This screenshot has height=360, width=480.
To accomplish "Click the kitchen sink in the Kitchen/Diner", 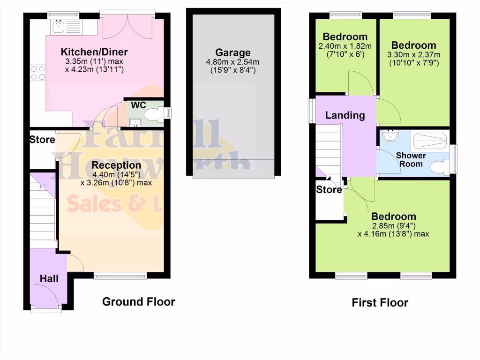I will (59, 26).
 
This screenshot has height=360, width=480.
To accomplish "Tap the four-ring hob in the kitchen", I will (37, 73).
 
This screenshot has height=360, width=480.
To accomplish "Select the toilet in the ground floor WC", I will (152, 114).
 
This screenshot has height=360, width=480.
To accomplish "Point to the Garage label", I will (233, 52).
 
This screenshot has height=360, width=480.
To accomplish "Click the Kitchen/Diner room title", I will (94, 52).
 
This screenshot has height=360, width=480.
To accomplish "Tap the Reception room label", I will (116, 165).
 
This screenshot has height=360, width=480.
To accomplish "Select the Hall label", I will (49, 278).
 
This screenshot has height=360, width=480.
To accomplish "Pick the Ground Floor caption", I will (139, 301).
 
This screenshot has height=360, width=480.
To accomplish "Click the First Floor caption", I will (380, 302).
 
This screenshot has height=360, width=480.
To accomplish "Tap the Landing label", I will (345, 115).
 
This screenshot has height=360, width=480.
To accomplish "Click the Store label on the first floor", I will (329, 190).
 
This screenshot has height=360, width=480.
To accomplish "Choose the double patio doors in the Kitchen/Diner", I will (127, 26).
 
